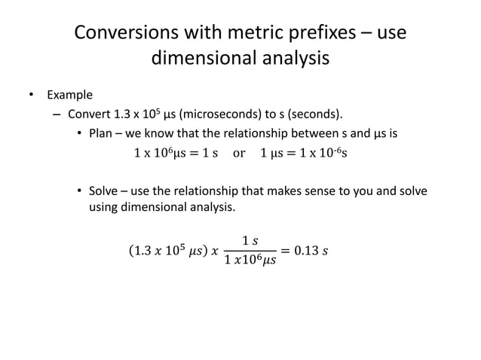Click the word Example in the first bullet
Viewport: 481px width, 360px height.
pos(70,96)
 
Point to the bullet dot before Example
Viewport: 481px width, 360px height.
pos(31,96)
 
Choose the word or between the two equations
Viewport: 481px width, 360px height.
pos(239,154)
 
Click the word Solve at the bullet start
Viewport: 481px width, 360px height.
pos(105,191)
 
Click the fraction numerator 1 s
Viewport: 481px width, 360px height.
pos(251,240)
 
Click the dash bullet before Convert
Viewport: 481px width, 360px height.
pos(57,115)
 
